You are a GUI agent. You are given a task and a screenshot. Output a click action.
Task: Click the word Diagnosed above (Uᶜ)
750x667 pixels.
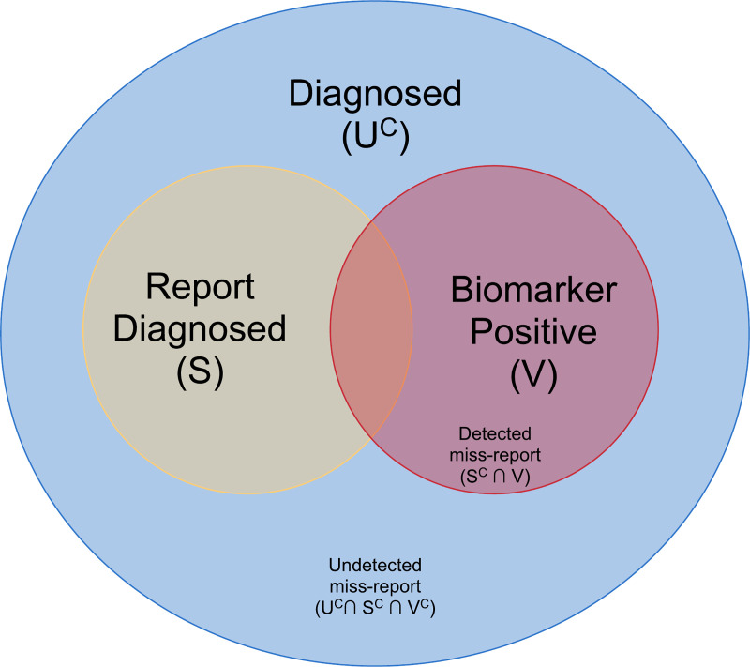[375, 94]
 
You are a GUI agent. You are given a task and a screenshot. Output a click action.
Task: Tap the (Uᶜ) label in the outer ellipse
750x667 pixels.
[376, 137]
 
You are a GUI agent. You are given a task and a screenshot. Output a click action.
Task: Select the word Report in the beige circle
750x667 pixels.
[201, 287]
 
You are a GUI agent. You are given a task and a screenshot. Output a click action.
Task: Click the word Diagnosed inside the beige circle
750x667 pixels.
[200, 328]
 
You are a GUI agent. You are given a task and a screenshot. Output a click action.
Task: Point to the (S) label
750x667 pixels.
[200, 371]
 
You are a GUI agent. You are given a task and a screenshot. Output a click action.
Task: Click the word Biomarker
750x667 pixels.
[533, 290]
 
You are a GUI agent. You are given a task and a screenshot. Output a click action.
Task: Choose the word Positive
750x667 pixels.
[533, 331]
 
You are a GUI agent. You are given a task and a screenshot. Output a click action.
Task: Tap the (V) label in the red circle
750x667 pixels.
[533, 374]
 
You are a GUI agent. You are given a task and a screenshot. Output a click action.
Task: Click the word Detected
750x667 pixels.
[495, 434]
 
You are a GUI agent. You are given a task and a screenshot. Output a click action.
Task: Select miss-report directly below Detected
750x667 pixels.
[495, 455]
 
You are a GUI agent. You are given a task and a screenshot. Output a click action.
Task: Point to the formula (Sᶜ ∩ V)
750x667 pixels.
[495, 476]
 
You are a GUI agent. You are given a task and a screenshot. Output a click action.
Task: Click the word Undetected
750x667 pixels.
[375, 565]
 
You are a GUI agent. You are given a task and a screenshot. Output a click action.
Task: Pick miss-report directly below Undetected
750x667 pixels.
[375, 586]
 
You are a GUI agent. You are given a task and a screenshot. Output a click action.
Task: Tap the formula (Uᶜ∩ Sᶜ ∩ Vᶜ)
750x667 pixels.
[375, 608]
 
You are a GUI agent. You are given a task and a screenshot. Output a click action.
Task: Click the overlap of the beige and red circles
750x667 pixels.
[371, 329]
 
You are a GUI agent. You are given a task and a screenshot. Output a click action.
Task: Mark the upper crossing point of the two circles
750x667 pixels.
[371, 221]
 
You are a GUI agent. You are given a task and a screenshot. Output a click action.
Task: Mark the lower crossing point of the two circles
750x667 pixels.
[371, 438]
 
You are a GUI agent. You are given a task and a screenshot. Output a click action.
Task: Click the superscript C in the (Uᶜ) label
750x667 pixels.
[389, 129]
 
